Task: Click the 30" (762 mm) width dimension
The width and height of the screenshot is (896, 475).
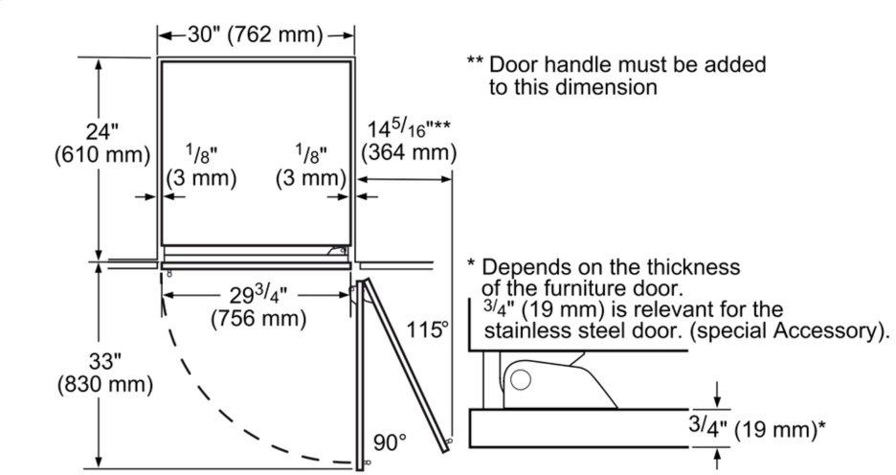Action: coord(255,35)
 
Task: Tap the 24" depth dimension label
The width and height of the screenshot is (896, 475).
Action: coord(101,132)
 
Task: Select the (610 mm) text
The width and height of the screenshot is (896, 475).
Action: coord(102,155)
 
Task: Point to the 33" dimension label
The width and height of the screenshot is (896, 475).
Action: coord(105,361)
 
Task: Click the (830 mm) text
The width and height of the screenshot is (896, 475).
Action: coord(105,385)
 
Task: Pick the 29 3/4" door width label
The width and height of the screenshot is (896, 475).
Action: coord(258,295)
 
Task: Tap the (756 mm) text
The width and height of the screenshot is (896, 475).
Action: coord(258,318)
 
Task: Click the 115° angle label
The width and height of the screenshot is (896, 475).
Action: coord(428,329)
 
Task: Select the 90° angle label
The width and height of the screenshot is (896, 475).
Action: coord(391,442)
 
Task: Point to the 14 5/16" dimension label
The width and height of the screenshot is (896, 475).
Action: coord(408,128)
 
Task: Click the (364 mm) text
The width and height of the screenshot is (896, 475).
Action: coord(409,153)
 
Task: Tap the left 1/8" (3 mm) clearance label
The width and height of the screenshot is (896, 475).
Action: coord(201,167)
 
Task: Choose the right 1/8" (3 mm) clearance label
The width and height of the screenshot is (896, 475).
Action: coord(311,167)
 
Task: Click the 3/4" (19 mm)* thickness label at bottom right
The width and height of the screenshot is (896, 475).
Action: coord(756,427)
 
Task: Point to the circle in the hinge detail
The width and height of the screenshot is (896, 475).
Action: coord(521,380)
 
